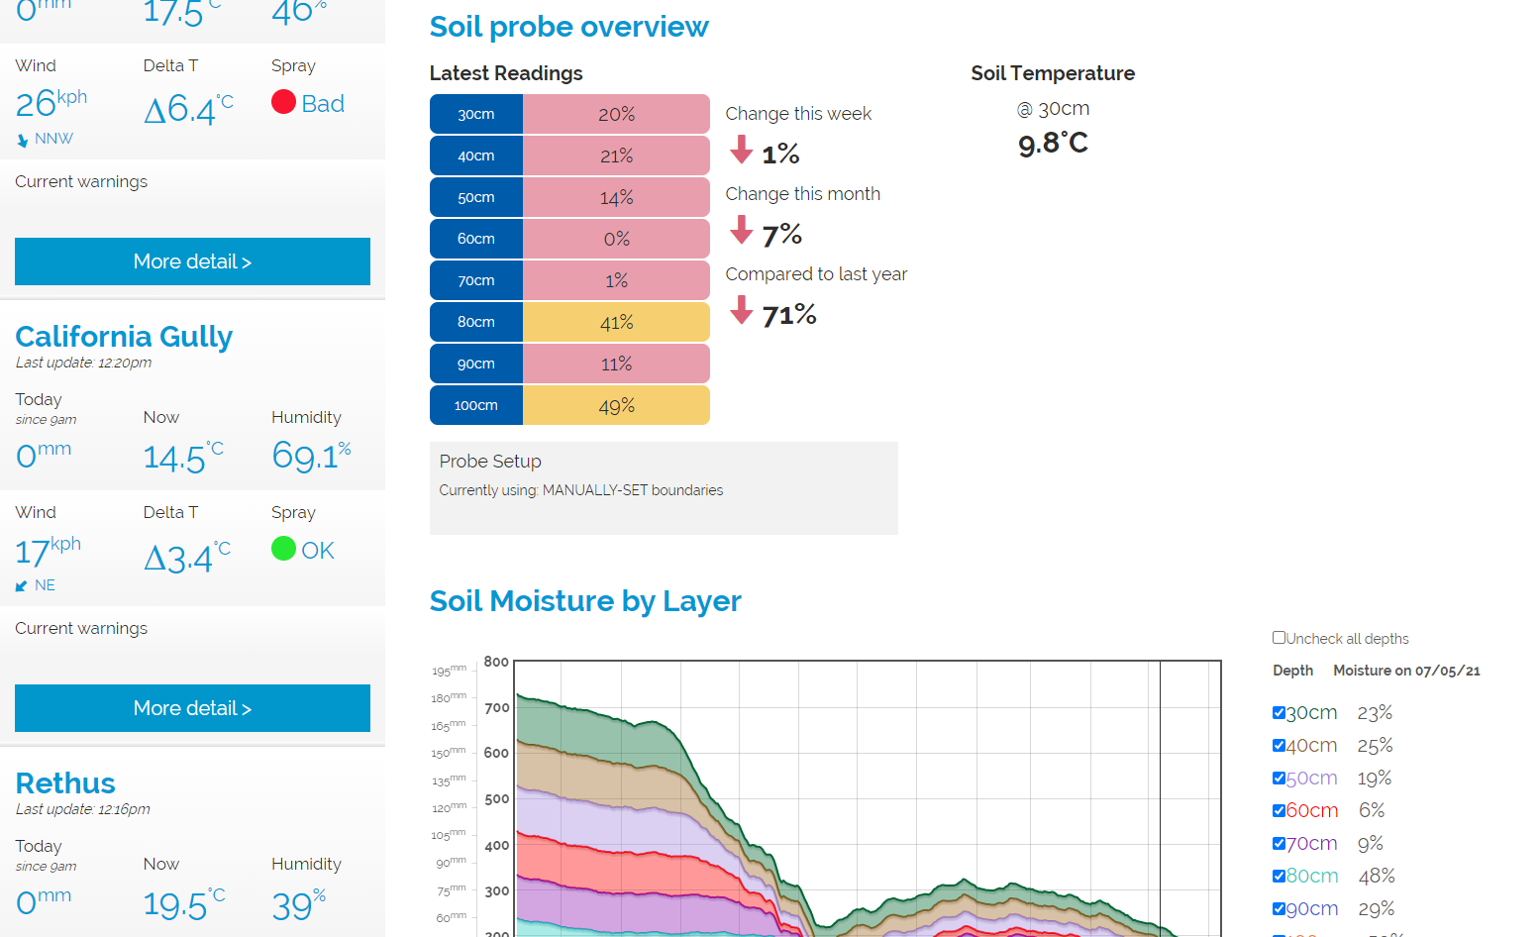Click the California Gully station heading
(124, 337)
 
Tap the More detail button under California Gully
(192, 708)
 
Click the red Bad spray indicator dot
(283, 102)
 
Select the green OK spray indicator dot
(283, 548)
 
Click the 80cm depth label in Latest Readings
(476, 322)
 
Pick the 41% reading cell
(616, 322)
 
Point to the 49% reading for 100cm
(616, 405)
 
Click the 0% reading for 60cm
(616, 239)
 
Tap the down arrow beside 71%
(741, 311)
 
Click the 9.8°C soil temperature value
(1053, 144)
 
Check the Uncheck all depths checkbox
(1279, 638)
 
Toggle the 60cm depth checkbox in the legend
(1279, 810)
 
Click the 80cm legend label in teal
(1311, 876)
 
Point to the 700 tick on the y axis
(496, 707)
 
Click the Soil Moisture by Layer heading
(585, 601)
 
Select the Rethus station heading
(65, 783)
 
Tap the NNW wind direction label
(53, 139)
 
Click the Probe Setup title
(490, 462)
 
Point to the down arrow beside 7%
(741, 231)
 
